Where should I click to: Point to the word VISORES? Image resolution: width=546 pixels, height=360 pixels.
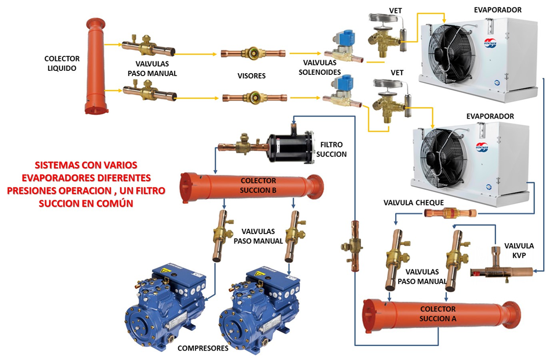(x=251, y=75)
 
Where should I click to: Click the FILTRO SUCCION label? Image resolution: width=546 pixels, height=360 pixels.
(x=333, y=149)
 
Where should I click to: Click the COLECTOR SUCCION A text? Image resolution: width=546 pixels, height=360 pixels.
(x=437, y=314)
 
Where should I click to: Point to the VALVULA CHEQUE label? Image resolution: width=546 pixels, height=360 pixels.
(x=414, y=202)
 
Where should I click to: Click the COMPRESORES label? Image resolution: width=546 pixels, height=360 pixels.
(x=203, y=348)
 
